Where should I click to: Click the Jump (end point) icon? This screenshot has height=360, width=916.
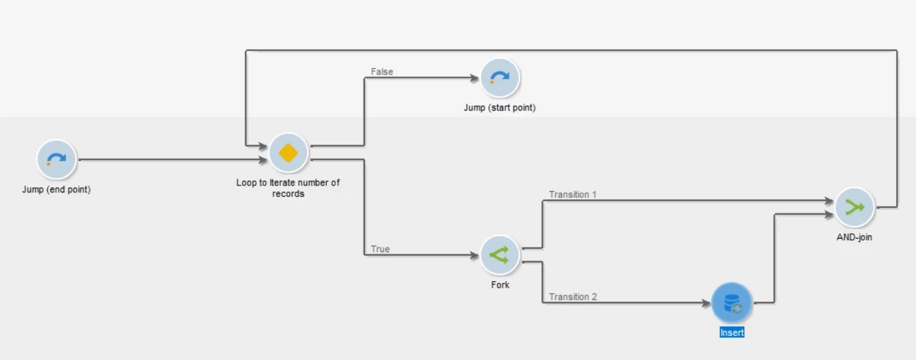[56, 160]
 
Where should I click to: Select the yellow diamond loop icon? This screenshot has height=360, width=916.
[289, 153]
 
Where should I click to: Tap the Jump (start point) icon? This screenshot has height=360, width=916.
[500, 78]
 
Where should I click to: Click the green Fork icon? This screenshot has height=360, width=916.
[500, 255]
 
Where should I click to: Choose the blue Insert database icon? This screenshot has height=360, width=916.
[732, 303]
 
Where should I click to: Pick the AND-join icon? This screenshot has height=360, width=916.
[855, 207]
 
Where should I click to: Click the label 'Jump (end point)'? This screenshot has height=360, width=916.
[56, 190]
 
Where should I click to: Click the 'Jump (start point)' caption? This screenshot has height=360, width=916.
[500, 108]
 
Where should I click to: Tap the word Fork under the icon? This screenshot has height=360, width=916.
[500, 284]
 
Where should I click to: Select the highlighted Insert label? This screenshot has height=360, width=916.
[732, 333]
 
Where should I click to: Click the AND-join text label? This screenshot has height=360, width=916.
[855, 237]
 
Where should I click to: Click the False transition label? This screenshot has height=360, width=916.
[382, 72]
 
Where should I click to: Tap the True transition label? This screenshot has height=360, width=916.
[381, 249]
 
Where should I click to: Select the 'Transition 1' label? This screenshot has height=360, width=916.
[573, 194]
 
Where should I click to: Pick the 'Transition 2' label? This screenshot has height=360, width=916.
[573, 297]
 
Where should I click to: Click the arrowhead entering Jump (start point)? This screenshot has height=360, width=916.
[475, 78]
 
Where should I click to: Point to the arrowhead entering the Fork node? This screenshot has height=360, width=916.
[475, 256]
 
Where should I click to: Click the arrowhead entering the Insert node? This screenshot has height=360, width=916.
[707, 303]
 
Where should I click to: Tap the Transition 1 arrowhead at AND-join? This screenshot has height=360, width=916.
[830, 201]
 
